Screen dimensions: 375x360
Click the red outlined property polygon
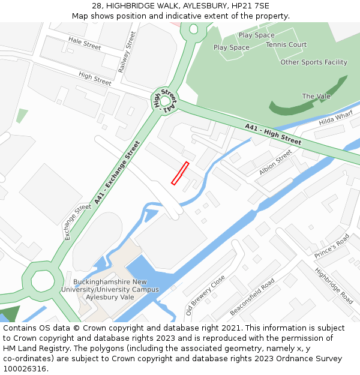click(x=180, y=173)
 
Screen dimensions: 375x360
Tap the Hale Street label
click(x=85, y=43)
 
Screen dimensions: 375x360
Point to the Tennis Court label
click(x=286, y=44)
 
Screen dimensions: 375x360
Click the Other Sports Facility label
click(x=314, y=62)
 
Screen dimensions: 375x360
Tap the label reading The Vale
click(x=316, y=96)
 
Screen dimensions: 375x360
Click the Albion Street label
click(x=275, y=163)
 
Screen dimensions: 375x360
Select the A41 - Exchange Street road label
click(x=116, y=172)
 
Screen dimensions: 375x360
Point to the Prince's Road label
click(x=331, y=247)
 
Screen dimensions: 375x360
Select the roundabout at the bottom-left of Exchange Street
click(x=41, y=280)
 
